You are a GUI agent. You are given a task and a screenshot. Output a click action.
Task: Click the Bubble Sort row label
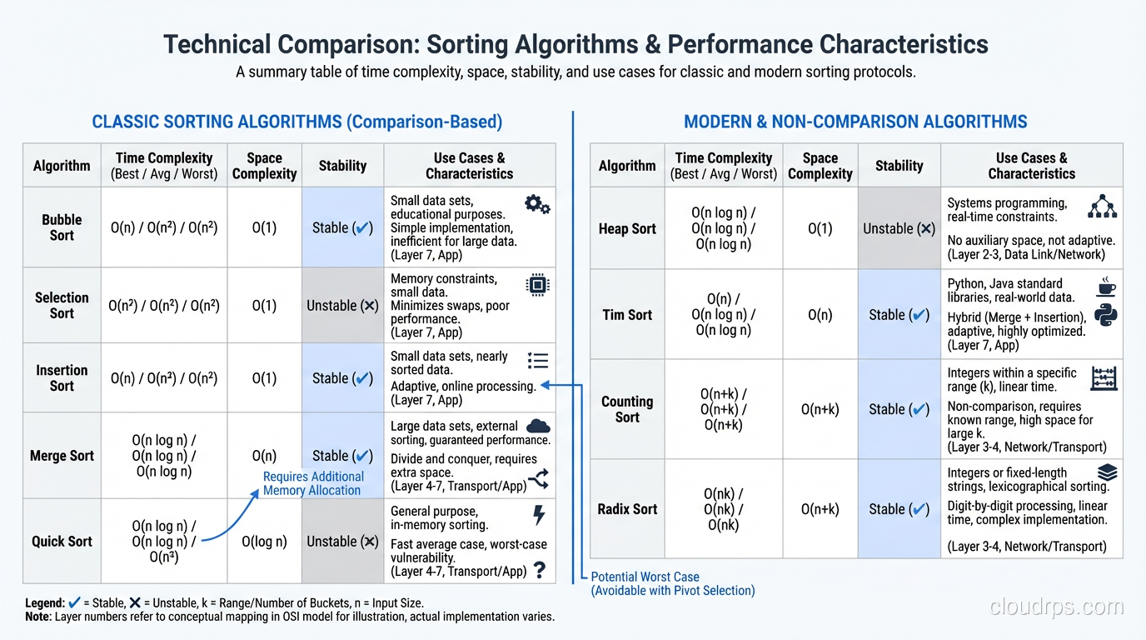[62, 227]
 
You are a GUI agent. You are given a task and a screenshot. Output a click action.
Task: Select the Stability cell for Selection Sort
[342, 306]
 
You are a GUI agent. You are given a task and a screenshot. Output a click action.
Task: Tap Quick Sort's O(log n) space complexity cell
[264, 542]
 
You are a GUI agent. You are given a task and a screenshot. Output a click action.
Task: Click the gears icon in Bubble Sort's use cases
[537, 204]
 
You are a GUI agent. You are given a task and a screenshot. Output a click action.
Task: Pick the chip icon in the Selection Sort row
[538, 285]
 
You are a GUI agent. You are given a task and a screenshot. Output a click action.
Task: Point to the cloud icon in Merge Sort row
[538, 426]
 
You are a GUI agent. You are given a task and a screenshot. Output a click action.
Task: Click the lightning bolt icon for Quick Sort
[539, 515]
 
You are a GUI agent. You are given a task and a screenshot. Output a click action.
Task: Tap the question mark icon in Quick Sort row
[540, 570]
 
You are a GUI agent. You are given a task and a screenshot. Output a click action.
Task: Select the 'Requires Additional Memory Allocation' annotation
[313, 483]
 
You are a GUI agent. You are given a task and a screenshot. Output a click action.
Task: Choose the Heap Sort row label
[627, 229]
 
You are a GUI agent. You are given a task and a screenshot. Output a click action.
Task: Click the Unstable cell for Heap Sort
[899, 229]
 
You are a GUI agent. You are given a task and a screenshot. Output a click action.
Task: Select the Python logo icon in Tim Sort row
[1106, 316]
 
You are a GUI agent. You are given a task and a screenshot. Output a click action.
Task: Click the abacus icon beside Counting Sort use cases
[1104, 378]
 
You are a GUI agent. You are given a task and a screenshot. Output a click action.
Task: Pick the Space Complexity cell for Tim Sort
[820, 315]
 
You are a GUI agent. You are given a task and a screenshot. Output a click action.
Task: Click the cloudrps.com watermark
[1056, 607]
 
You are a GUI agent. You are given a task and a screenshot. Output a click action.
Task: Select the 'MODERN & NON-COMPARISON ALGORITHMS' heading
[855, 122]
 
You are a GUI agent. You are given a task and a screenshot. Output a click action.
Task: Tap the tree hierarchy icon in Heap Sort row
[1103, 206]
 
